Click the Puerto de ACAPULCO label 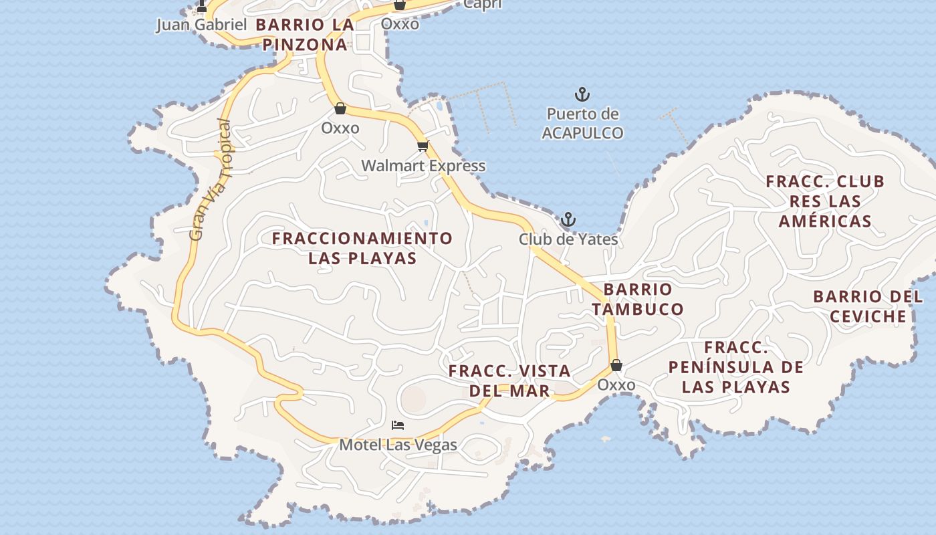(582, 124)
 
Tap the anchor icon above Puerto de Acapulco (582, 94)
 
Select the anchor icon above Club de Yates (568, 219)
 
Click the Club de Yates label (568, 239)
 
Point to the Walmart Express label (423, 166)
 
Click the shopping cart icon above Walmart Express (422, 146)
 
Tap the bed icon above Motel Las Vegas (398, 425)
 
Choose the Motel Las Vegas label (398, 445)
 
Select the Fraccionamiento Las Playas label (362, 248)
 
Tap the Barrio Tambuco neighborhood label (638, 299)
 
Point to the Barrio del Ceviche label (868, 306)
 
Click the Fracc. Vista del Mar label (509, 381)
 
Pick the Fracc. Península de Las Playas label (735, 367)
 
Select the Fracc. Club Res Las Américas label (825, 201)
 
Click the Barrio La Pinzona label (304, 35)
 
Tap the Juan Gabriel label (201, 25)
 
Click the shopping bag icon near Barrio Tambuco (616, 365)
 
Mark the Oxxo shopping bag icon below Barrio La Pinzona (340, 108)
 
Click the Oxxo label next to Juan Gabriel (400, 24)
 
